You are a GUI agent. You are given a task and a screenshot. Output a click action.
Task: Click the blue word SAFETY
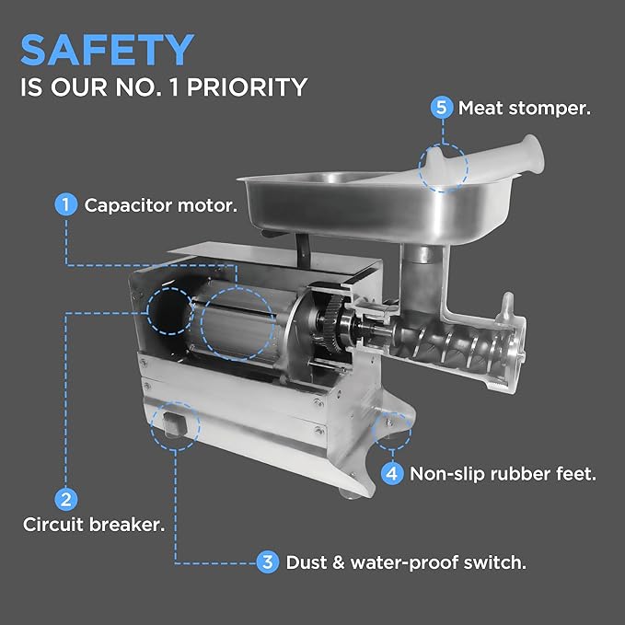[107, 50]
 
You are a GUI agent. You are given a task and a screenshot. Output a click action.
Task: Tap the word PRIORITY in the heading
[247, 87]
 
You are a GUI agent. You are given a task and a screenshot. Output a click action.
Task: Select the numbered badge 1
[65, 204]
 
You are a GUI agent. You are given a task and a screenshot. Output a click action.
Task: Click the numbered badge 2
[65, 499]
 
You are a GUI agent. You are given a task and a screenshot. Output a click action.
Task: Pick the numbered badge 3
[268, 562]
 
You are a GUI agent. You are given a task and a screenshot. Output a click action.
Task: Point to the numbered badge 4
[392, 473]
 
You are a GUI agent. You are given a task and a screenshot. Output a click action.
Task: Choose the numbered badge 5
[442, 108]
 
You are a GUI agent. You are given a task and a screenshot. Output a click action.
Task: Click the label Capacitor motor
[161, 205]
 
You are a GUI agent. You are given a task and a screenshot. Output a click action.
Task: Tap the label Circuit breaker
[94, 524]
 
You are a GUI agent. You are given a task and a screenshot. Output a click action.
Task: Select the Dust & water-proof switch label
[406, 562]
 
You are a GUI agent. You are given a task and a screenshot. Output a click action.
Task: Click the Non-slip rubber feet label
[503, 474]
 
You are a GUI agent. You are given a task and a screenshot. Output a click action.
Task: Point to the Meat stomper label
[525, 108]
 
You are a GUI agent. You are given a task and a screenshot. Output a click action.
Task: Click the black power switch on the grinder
[175, 423]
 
